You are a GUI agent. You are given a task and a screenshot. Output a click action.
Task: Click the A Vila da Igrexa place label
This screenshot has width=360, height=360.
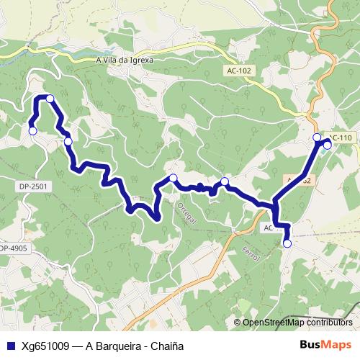click(x=125, y=60)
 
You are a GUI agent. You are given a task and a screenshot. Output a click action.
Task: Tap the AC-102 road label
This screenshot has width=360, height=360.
click(x=239, y=71)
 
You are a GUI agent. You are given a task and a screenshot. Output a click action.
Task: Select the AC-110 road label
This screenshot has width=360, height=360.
click(x=341, y=138)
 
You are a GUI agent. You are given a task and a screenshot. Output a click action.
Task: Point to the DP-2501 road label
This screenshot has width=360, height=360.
click(x=33, y=186)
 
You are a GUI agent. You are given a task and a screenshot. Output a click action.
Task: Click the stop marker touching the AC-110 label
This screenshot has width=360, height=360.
click(x=327, y=145)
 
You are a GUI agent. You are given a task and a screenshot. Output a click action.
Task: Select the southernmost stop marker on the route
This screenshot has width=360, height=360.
click(x=287, y=243)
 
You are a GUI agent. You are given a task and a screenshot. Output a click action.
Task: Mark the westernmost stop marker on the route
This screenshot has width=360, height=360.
click(x=32, y=130)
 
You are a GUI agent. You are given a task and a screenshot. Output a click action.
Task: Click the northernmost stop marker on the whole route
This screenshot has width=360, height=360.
click(x=50, y=98)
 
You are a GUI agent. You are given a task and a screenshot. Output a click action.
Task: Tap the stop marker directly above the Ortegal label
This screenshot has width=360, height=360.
click(x=173, y=178)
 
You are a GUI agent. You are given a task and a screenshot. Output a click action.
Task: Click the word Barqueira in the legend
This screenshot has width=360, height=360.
click(x=116, y=346)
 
